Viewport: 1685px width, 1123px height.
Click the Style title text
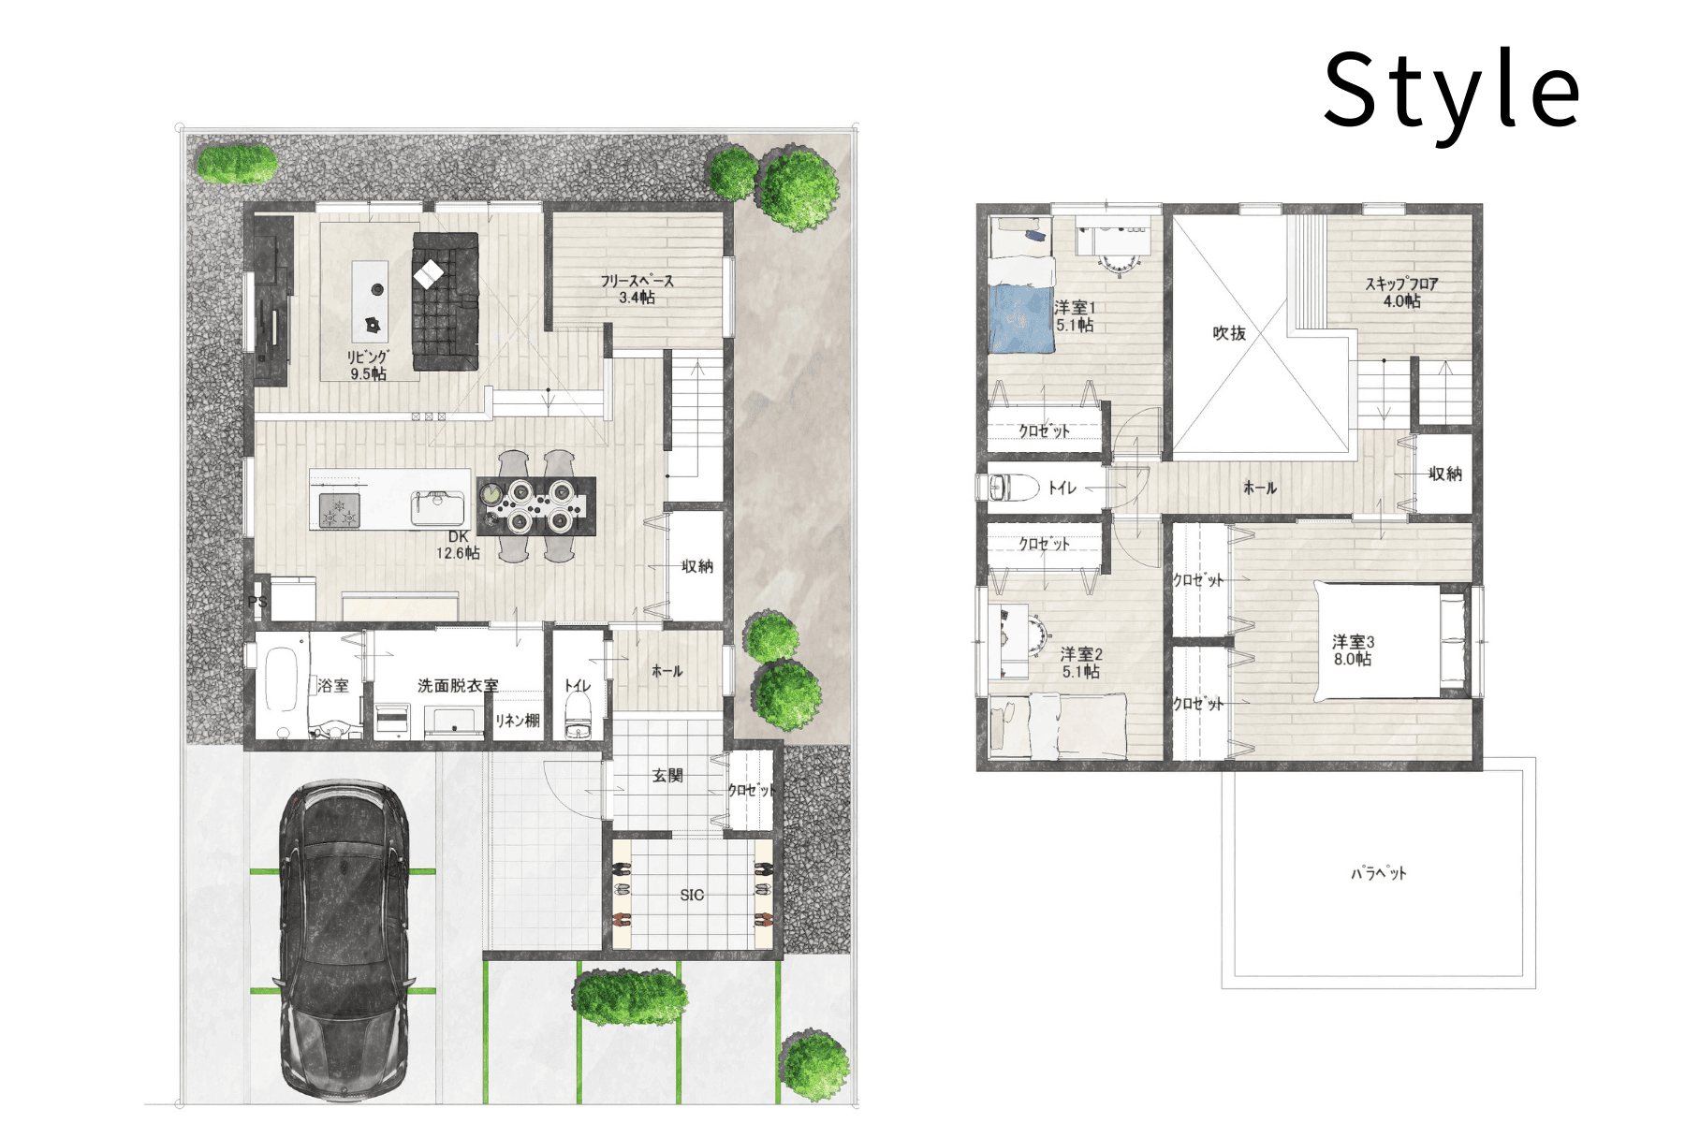pos(1451,92)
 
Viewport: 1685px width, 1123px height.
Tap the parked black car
pos(344,943)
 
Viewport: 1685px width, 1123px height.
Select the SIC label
pos(692,896)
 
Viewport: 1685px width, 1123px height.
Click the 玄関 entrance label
pos(667,776)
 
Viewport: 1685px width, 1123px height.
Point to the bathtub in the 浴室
pos(282,680)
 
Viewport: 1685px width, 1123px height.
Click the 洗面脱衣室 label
pos(458,686)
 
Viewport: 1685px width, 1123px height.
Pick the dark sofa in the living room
pos(446,301)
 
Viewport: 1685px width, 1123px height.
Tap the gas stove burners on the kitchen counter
pos(339,511)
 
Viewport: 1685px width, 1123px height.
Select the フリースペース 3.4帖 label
pos(637,289)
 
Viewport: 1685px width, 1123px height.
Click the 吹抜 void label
pos(1229,333)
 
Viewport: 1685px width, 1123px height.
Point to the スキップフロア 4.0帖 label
pos(1401,292)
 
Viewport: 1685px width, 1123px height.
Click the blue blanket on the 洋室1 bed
pos(1020,318)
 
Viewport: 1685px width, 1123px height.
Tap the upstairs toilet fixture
pos(1013,488)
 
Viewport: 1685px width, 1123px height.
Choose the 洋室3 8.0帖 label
pos(1354,650)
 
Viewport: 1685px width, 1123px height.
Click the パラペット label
pos(1379,873)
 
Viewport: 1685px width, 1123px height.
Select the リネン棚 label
pos(518,721)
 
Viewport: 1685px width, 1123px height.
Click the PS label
pos(257,602)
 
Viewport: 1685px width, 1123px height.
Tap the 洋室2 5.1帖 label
pos(1081,663)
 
